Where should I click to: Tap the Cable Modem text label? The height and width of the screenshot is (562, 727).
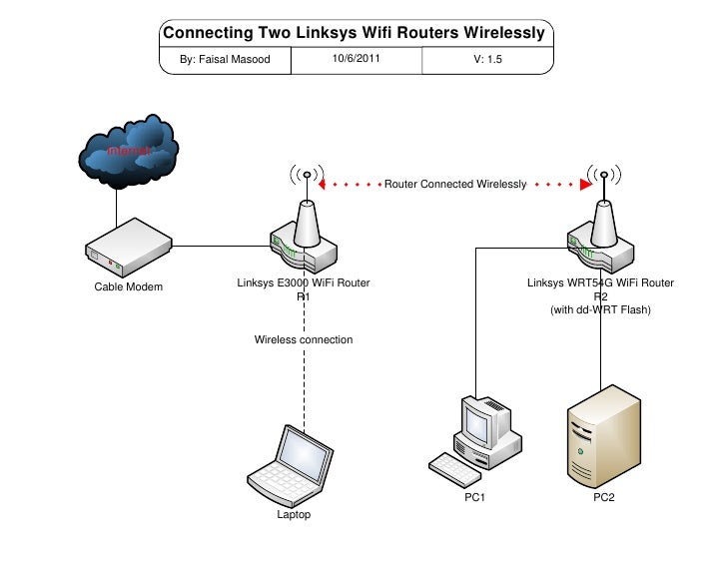click(129, 287)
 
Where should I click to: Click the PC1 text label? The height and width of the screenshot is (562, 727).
click(474, 497)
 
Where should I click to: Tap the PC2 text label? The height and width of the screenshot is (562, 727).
click(604, 497)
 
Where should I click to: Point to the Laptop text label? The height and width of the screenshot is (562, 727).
click(294, 515)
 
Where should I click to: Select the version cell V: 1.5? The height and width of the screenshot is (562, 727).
click(487, 60)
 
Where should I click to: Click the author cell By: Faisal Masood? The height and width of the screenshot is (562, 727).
click(226, 60)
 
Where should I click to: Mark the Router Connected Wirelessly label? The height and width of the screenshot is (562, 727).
click(455, 185)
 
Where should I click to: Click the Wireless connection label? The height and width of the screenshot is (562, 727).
click(304, 340)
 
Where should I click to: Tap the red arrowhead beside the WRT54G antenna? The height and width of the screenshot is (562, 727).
click(583, 185)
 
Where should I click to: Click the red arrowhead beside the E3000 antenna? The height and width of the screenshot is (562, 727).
click(322, 185)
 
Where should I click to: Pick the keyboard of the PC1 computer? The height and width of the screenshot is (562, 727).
click(454, 466)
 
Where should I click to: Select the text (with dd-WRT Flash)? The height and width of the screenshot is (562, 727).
click(600, 310)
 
